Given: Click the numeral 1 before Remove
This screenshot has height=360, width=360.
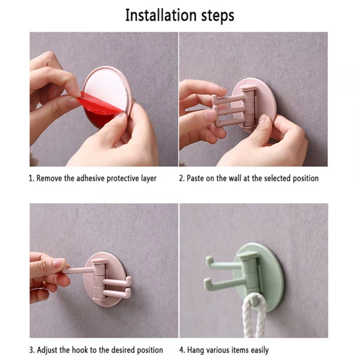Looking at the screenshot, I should (31, 178).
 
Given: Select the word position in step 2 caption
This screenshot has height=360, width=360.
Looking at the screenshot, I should (305, 178).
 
